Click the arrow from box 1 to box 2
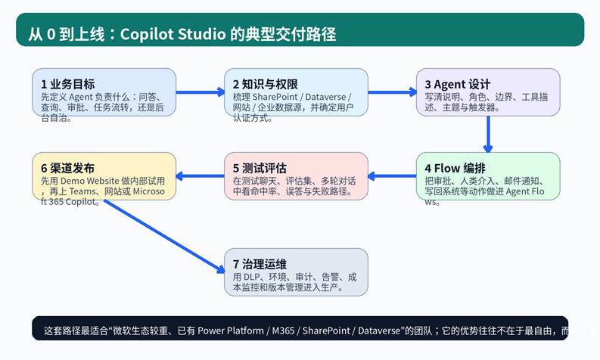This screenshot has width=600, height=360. click(200, 92)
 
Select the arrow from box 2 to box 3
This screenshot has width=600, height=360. click(392, 92)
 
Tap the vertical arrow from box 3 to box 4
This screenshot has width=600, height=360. click(488, 134)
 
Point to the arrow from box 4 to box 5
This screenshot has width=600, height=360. click(392, 176)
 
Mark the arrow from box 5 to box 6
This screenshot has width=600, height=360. click(200, 176)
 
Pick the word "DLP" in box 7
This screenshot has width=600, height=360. click(252, 278)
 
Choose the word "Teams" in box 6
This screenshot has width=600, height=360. click(86, 192)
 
